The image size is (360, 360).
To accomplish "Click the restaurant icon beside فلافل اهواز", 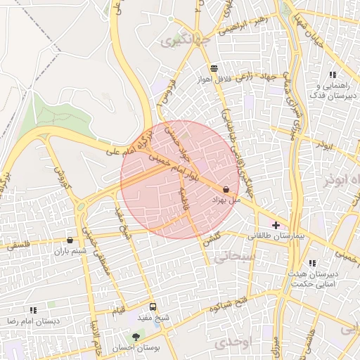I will [x=213, y=68].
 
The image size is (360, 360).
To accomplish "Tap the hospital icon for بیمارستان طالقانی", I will [x=276, y=225].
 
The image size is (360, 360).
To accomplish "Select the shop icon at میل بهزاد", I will [x=226, y=189].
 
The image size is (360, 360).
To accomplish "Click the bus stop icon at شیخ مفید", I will [x=153, y=307].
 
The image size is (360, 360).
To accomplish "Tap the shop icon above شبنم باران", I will [x=70, y=240].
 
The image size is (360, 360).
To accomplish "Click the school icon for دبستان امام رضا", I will [x=33, y=309].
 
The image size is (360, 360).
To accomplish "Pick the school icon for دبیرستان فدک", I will [x=332, y=75].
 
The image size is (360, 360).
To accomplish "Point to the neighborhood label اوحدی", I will [x=230, y=342].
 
